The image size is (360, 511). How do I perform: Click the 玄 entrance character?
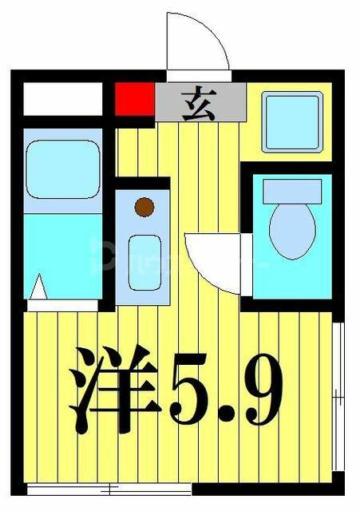click(199, 103)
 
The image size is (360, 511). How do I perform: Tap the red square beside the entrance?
click(135, 99)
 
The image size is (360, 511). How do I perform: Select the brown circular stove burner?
click(144, 207)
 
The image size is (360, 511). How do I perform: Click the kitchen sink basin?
click(144, 263)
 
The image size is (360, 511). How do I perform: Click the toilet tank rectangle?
click(292, 192)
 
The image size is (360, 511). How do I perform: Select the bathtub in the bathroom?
click(63, 169)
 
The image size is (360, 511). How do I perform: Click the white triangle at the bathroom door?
click(39, 287)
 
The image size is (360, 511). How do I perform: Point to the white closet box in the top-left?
click(63, 99)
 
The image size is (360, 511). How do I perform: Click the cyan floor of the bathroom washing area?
click(63, 255)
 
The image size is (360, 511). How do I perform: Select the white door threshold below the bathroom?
click(62, 306)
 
